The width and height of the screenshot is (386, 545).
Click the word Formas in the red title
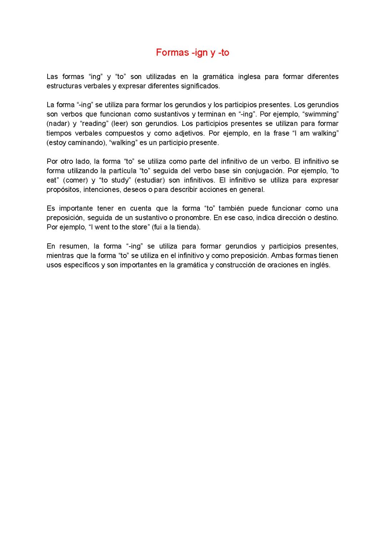pyautogui.click(x=172, y=53)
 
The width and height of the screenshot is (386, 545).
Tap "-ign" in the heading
pyautogui.click(x=199, y=53)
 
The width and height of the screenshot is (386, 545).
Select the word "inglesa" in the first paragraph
pyautogui.click(x=249, y=76)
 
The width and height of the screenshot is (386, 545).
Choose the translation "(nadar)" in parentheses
pyautogui.click(x=58, y=124)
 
